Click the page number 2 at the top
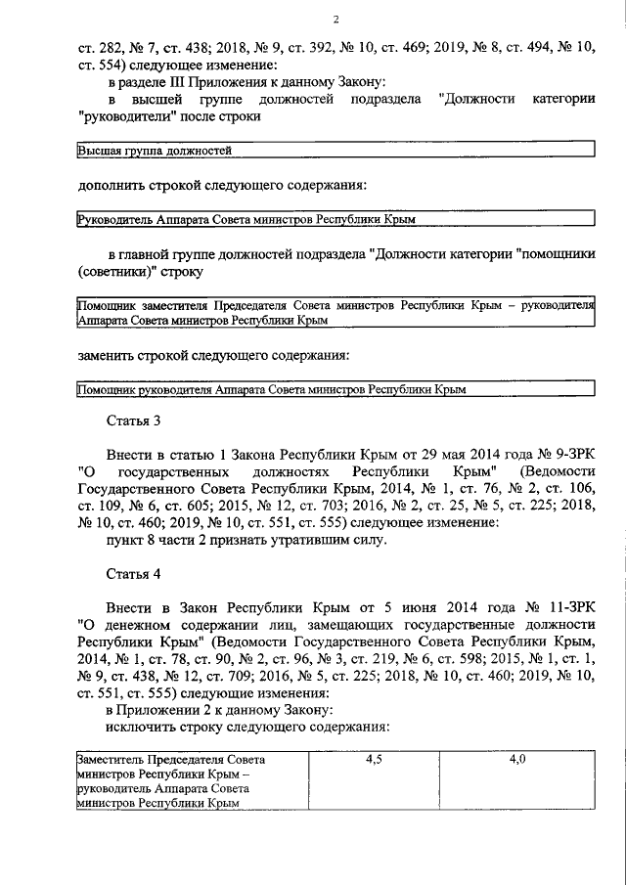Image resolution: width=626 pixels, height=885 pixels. click(335, 20)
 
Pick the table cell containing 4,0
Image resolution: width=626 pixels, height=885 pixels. click(518, 759)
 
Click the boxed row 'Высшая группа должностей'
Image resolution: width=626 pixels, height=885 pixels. click(335, 151)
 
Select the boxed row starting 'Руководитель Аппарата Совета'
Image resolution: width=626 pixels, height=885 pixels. click(335, 219)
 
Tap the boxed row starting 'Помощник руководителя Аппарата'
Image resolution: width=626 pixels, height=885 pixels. click(335, 388)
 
